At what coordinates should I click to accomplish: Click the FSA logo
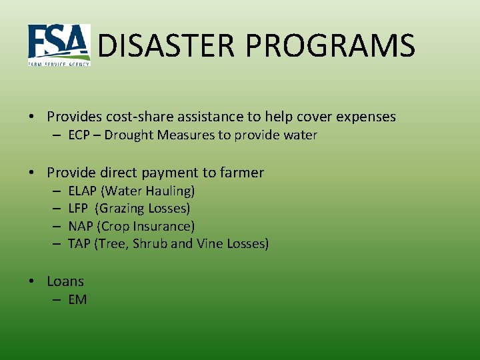(x=59, y=45)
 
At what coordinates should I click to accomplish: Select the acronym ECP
(x=81, y=135)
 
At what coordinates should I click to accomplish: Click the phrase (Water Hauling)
(x=147, y=191)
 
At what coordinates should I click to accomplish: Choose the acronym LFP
(x=79, y=209)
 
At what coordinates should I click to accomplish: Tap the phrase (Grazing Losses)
(x=143, y=209)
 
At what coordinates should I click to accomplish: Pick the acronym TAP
(x=80, y=244)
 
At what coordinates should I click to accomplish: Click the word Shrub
(x=150, y=244)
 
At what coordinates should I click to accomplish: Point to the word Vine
(x=210, y=244)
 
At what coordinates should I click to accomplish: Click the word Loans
(x=65, y=281)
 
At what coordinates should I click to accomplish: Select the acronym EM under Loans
(x=78, y=300)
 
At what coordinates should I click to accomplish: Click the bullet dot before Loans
(x=32, y=282)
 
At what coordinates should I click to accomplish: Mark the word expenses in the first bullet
(x=366, y=117)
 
